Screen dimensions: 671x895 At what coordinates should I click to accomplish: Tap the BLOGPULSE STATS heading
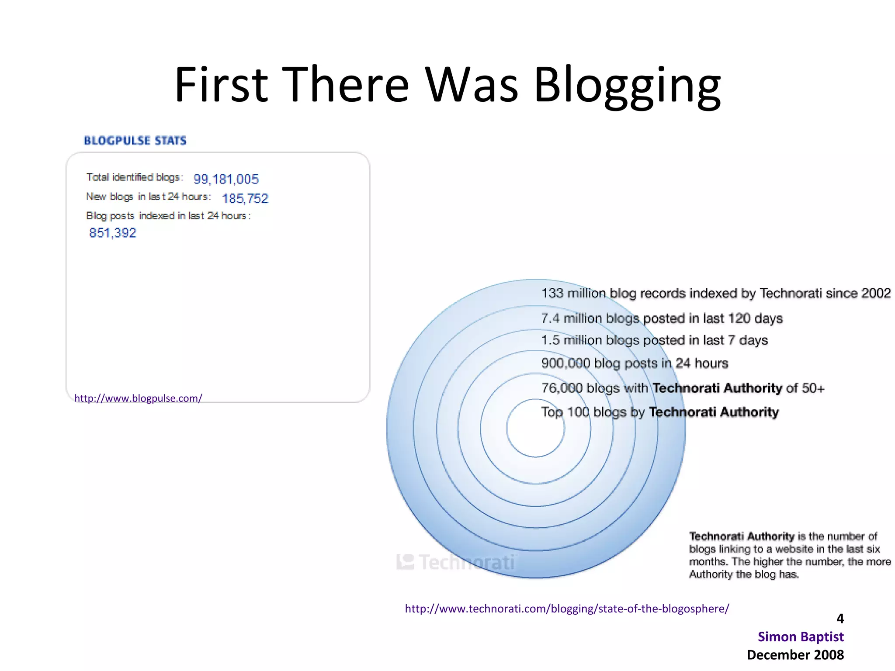pyautogui.click(x=135, y=141)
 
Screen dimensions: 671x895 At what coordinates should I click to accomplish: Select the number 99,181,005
pyautogui.click(x=226, y=179)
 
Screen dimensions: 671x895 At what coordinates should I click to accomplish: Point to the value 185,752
pyautogui.click(x=245, y=199)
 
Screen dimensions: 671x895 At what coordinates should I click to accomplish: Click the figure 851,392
pyautogui.click(x=113, y=233)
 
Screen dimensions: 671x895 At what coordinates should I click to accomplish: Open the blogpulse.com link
pyautogui.click(x=138, y=398)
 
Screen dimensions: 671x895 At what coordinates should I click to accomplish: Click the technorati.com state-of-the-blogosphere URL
pyautogui.click(x=567, y=609)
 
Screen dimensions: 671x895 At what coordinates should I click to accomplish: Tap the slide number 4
pyautogui.click(x=840, y=619)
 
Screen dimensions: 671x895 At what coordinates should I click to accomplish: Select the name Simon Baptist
pyautogui.click(x=801, y=637)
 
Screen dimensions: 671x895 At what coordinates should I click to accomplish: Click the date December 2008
pyautogui.click(x=795, y=655)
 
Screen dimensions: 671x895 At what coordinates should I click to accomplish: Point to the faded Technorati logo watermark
pyautogui.click(x=457, y=562)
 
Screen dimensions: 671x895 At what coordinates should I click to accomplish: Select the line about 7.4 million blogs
pyautogui.click(x=662, y=318)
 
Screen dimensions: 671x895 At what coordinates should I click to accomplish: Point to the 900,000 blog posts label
pyautogui.click(x=635, y=363)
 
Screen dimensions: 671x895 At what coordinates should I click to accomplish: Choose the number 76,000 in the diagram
pyautogui.click(x=562, y=388)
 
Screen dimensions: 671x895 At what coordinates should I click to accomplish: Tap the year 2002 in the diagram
pyautogui.click(x=876, y=293)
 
